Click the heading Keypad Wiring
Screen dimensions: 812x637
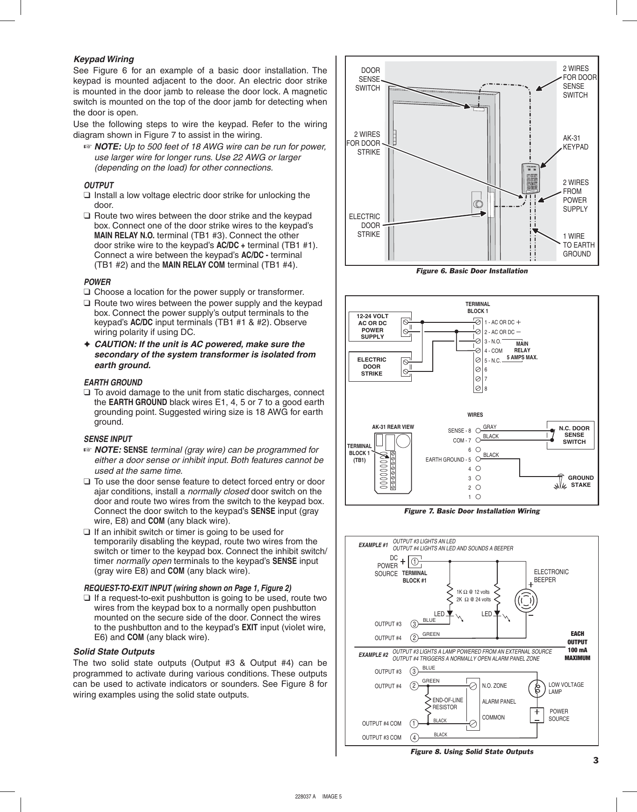point(104,59)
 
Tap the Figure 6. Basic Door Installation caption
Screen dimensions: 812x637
point(472,271)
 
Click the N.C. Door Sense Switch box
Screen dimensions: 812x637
point(573,435)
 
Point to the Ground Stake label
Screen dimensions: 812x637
point(580,481)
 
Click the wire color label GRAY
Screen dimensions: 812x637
point(490,427)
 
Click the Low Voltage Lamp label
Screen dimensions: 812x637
point(565,688)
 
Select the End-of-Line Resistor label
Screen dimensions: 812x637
point(447,704)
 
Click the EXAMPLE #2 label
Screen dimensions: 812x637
point(373,655)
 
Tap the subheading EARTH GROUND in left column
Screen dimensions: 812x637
point(113,382)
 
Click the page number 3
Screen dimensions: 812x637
point(595,760)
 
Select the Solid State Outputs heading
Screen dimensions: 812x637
point(114,652)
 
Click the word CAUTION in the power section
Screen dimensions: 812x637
point(115,344)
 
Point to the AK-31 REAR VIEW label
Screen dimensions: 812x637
point(393,427)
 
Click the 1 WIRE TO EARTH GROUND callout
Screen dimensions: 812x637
point(579,245)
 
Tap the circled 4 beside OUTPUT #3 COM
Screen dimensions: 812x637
point(414,738)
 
